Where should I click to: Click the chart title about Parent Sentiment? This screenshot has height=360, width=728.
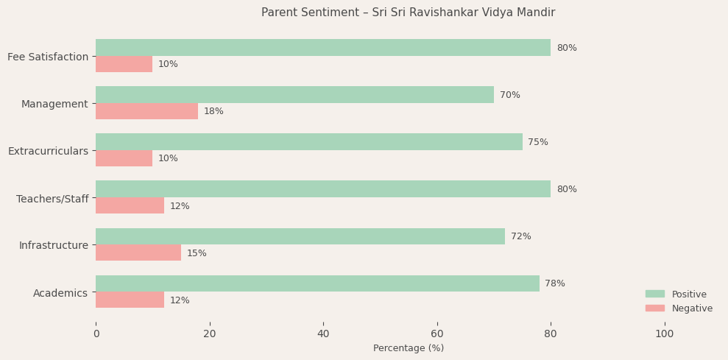(x=408, y=13)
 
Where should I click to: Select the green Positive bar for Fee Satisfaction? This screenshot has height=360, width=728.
(x=322, y=48)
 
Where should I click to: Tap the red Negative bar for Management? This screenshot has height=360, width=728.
(x=146, y=111)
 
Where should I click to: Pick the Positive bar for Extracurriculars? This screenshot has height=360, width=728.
(x=308, y=142)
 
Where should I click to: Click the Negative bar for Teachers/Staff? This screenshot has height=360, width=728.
(x=130, y=205)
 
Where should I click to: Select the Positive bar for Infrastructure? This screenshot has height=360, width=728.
(x=300, y=236)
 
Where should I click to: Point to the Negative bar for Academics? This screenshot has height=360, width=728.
(x=130, y=300)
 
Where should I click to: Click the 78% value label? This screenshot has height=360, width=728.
(x=555, y=283)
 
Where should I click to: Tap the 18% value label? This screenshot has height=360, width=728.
(x=213, y=111)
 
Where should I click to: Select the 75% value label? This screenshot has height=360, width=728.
(x=538, y=142)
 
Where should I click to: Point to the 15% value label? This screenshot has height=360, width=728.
(x=197, y=253)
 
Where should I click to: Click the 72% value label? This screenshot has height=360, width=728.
(x=521, y=236)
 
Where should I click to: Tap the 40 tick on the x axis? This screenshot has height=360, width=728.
(x=323, y=334)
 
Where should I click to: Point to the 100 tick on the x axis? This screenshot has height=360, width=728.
(x=664, y=334)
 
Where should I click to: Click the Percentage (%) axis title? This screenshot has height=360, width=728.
(x=409, y=348)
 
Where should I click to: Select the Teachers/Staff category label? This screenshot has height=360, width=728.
(x=52, y=199)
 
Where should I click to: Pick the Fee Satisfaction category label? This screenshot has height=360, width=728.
(x=48, y=57)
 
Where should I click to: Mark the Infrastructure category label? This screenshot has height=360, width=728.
(x=54, y=245)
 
